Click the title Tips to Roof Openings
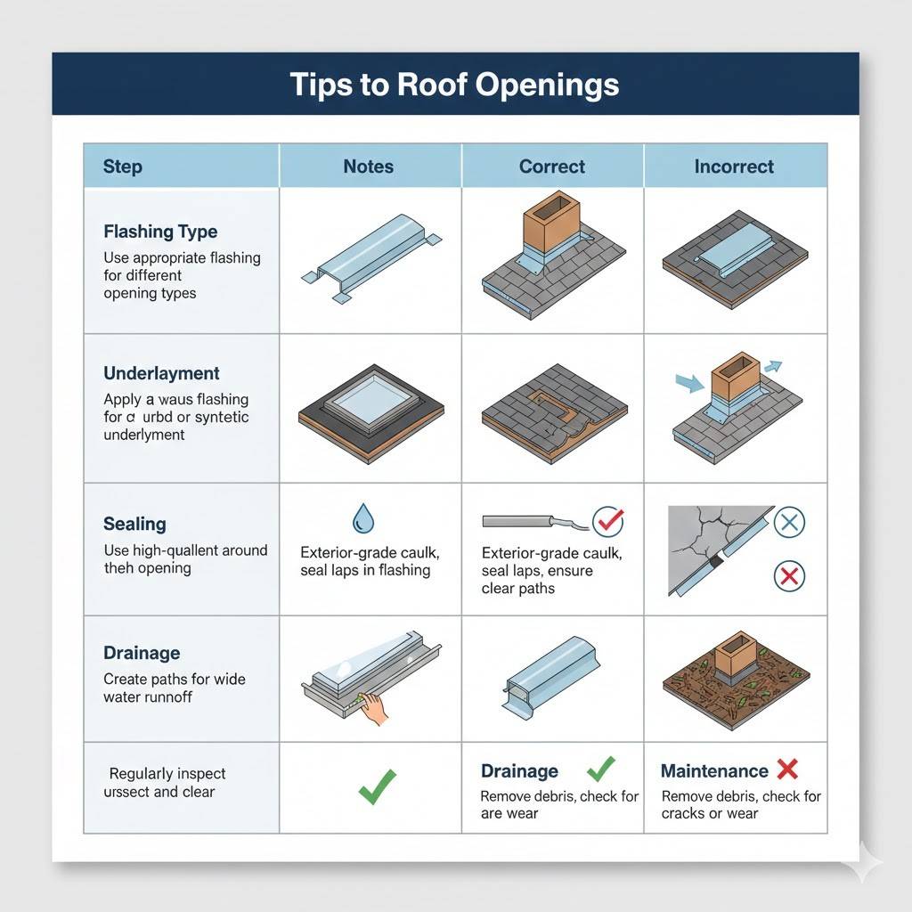(x=454, y=85)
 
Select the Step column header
(x=123, y=167)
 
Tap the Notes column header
(x=369, y=167)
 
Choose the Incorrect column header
(x=734, y=167)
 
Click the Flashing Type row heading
(x=160, y=232)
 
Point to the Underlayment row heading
(x=161, y=373)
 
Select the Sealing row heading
(x=134, y=524)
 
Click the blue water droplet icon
(x=363, y=517)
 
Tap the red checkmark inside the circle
(x=608, y=520)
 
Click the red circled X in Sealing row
(x=787, y=576)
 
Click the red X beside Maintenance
(x=787, y=769)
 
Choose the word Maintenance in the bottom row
(x=713, y=771)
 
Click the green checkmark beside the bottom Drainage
(x=601, y=769)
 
